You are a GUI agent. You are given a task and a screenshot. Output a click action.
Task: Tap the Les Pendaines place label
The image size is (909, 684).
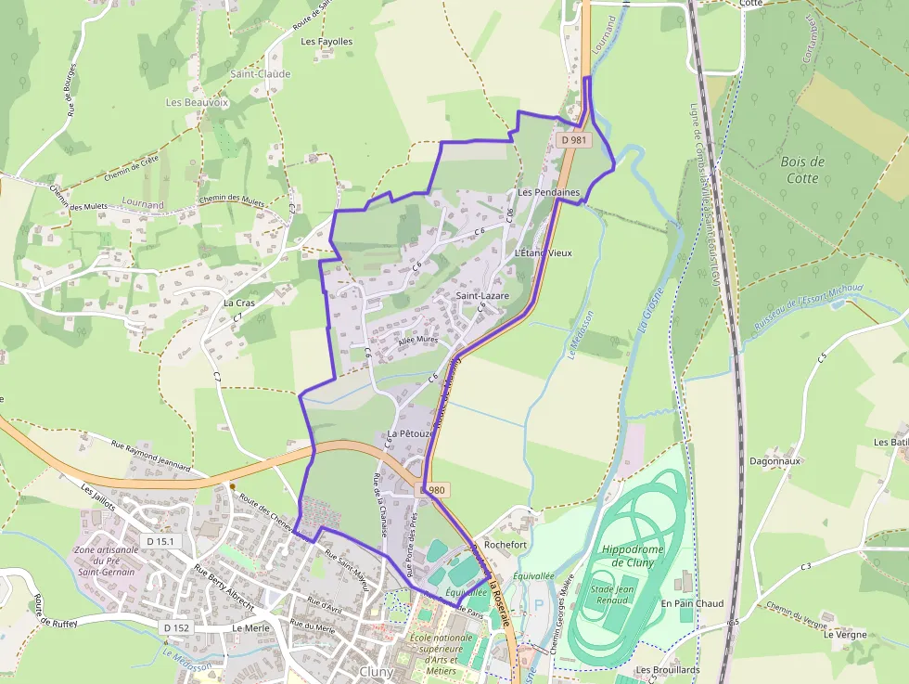(548, 193)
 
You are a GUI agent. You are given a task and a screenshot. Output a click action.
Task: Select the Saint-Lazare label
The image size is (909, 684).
(482, 296)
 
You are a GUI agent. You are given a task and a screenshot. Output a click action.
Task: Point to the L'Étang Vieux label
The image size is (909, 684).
(543, 252)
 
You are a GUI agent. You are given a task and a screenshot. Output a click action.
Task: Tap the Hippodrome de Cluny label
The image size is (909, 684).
(633, 555)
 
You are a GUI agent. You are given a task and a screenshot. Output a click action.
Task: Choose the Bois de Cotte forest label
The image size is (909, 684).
(803, 170)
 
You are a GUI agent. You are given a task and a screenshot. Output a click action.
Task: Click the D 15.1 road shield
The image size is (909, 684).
(160, 540)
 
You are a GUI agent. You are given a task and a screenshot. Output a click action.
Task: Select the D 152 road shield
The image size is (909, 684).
(176, 628)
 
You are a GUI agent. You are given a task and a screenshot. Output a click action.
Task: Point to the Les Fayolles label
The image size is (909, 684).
(326, 42)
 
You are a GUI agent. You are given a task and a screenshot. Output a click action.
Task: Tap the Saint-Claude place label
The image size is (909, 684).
(261, 74)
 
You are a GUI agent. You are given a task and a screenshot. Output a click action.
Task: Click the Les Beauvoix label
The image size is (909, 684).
(197, 102)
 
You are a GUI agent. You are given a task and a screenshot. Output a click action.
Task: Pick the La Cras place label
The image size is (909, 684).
(238, 303)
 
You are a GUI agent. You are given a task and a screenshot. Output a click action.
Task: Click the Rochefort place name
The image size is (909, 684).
(505, 544)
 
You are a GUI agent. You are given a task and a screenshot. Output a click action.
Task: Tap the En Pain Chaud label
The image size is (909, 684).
(692, 603)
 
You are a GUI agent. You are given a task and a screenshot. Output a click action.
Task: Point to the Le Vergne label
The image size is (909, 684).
(845, 635)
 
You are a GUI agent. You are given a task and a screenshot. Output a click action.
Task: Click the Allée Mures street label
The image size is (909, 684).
(416, 341)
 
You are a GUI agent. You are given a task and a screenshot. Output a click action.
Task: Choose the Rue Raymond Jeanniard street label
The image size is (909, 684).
(150, 455)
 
